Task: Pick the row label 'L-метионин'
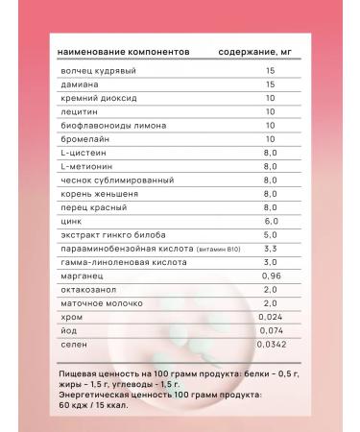84,166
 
